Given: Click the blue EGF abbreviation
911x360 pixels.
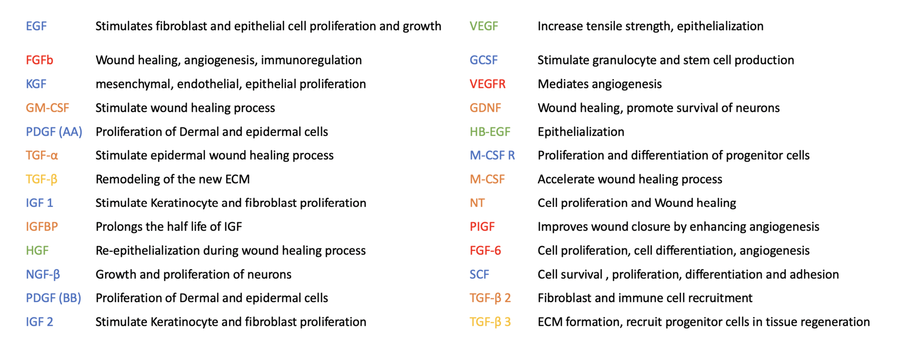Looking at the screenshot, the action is [36, 26].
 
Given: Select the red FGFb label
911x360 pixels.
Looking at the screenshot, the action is [39, 60].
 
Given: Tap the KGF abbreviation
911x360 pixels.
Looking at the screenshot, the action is [36, 84].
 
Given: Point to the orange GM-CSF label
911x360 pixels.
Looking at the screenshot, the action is [47, 108].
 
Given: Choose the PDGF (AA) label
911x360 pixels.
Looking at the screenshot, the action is [54, 132].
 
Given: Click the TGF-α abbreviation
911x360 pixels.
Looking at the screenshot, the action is [42, 156].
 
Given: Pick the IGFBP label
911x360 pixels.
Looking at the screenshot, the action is [42, 227].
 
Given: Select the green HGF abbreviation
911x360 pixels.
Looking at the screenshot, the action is [37, 250].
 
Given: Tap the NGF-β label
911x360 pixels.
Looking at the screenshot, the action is [43, 275].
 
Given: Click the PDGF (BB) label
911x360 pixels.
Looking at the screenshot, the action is [54, 298].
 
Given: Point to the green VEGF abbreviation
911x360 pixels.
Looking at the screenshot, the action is [484, 26].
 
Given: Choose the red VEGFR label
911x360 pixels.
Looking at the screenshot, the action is [488, 84].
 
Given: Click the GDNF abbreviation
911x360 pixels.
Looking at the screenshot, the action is [485, 108].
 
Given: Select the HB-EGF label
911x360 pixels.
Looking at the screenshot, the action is [490, 132].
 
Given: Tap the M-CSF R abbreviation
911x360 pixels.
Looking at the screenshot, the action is [493, 156].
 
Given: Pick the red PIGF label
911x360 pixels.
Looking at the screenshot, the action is [482, 227].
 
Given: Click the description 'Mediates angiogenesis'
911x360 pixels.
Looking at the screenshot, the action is [600, 84].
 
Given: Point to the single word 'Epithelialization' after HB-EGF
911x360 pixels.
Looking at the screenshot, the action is [581, 132].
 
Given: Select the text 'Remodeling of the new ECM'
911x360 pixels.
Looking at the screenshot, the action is [173, 179].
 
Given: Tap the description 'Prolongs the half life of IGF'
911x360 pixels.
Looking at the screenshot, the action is [169, 227].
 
